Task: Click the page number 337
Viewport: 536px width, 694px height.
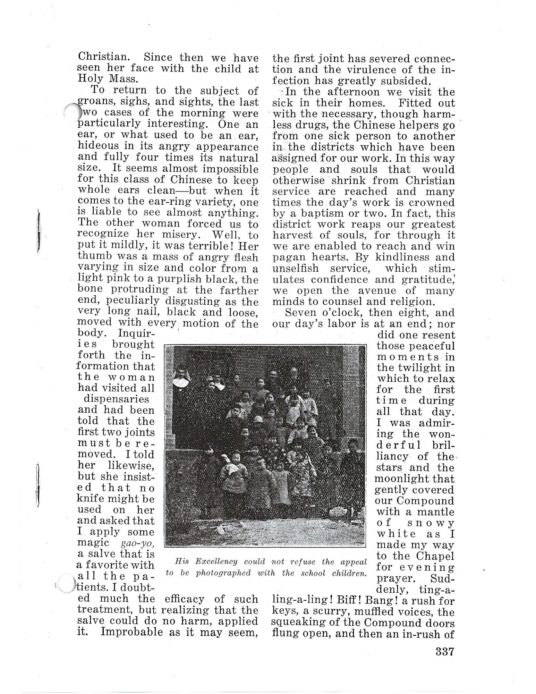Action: pos(445,651)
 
